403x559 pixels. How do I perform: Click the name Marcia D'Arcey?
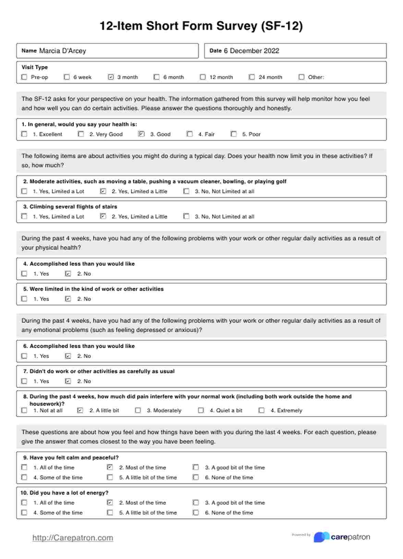[x=62, y=51]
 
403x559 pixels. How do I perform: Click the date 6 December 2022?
[x=252, y=51]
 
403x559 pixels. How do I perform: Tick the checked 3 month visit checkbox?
[x=111, y=77]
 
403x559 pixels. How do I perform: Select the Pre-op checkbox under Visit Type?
[x=24, y=77]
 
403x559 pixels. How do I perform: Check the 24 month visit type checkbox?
[x=252, y=77]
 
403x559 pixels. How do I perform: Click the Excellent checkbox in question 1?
[x=24, y=134]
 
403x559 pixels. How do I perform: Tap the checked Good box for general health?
[x=141, y=134]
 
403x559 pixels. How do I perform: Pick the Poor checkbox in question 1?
[x=234, y=134]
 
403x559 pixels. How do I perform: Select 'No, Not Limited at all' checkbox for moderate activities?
[x=186, y=191]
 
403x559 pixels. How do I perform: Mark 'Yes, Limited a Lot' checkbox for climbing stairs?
[x=24, y=216]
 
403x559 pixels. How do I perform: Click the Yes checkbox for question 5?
[x=24, y=299]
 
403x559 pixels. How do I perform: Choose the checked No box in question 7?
[x=68, y=381]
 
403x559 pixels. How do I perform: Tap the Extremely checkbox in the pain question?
[x=261, y=410]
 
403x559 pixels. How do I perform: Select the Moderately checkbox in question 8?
[x=138, y=410]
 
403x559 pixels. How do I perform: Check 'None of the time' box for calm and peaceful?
[x=196, y=477]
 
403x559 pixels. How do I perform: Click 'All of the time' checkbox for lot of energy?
[x=24, y=503]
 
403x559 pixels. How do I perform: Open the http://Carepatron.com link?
[x=73, y=538]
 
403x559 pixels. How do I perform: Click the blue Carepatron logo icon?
[x=321, y=537]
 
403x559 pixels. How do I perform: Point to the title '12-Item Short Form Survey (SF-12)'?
[x=201, y=26]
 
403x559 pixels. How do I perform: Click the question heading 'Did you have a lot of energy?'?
[x=69, y=493]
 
